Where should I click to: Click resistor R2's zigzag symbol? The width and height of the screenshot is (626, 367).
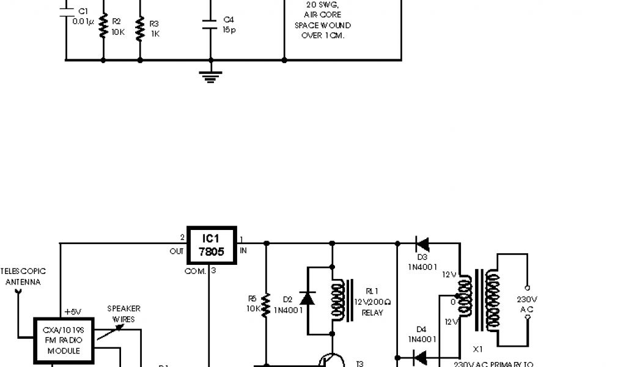point(103,26)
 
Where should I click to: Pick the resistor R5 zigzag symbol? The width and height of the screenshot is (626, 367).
point(266,304)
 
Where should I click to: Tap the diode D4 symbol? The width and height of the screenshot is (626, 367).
point(421,357)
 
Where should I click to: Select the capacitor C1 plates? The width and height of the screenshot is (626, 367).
point(65,14)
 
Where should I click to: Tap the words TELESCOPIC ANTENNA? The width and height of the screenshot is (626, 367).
point(23,276)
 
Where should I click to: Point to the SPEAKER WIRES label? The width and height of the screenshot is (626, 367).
point(124,313)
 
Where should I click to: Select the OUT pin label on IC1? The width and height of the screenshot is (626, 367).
point(177,251)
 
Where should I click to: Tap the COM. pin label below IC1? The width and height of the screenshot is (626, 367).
point(196,271)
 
